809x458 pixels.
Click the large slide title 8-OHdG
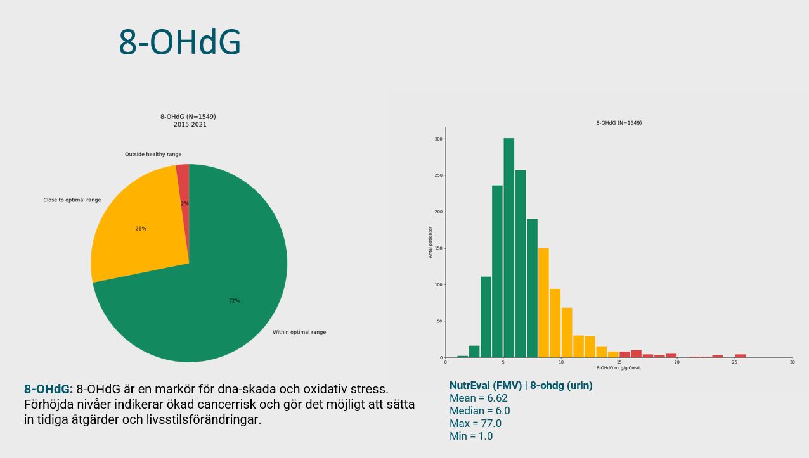pos(179,42)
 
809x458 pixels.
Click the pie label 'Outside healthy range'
pos(153,155)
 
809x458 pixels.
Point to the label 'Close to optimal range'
pos(72,200)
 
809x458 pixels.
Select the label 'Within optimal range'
pos(299,332)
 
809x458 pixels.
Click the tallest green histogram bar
pos(508,247)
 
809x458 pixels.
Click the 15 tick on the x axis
pos(619,362)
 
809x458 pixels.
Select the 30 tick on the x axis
pos(792,362)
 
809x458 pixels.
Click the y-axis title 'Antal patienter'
pos(430,242)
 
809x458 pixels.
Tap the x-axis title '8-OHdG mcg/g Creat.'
pos(619,368)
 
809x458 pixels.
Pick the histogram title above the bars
pos(619,123)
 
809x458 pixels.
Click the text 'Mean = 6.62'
pos(478,398)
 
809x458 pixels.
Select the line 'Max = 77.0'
pos(475,423)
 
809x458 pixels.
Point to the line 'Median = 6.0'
pos(479,410)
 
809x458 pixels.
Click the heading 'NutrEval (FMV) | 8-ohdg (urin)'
pos(521,385)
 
